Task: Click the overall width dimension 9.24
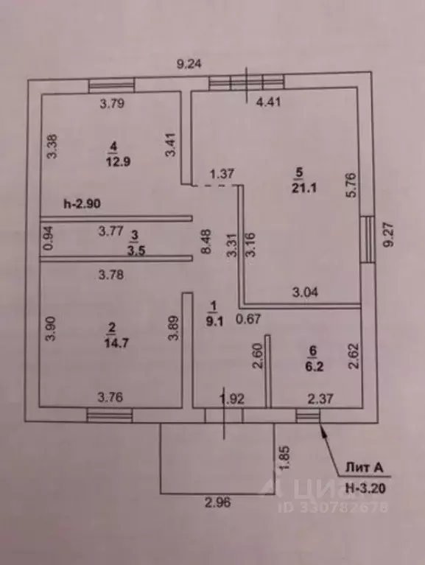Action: (189, 64)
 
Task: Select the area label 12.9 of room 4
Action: (118, 161)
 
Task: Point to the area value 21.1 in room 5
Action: (304, 188)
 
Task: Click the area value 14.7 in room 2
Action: (116, 343)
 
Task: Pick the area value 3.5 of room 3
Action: (136, 250)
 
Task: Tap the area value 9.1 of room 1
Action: (214, 320)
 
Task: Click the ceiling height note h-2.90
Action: (82, 204)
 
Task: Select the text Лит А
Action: (364, 468)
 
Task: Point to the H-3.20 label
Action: (365, 488)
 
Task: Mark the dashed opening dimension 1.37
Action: (222, 174)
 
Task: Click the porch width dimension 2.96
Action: (218, 502)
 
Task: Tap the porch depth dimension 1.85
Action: (284, 457)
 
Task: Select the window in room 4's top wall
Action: (112, 85)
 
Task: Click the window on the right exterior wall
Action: (368, 239)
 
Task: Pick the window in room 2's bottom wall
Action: (110, 415)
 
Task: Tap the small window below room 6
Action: (308, 415)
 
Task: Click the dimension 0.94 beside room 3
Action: (49, 238)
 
